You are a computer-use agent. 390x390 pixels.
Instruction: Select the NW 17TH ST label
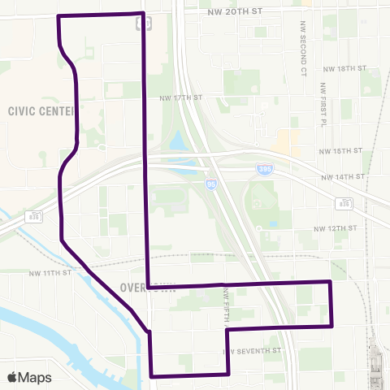pyautogui.click(x=180, y=97)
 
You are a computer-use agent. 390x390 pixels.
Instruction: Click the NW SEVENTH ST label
pyautogui.click(x=252, y=351)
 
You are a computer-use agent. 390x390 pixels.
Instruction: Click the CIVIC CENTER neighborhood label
pyautogui.click(x=41, y=110)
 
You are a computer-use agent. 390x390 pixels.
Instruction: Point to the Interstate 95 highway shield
pyautogui.click(x=210, y=184)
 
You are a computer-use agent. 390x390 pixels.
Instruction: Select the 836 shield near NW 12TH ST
pyautogui.click(x=345, y=202)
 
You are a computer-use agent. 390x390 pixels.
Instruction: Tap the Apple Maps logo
pyautogui.click(x=29, y=377)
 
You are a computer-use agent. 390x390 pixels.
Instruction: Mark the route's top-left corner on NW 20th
pyautogui.click(x=58, y=16)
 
